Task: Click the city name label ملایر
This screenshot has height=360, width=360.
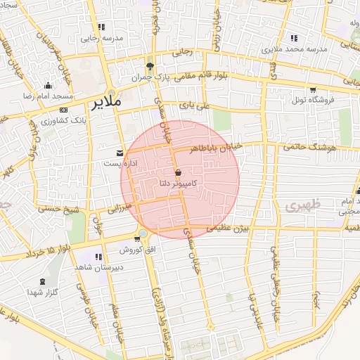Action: pos(107,103)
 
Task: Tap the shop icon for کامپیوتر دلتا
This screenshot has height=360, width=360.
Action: pos(177,172)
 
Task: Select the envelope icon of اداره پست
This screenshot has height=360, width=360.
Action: pos(119,153)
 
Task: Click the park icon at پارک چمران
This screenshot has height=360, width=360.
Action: pos(150,65)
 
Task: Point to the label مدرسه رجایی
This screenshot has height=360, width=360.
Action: pos(98,39)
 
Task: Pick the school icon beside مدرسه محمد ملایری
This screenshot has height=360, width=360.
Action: pos(292,39)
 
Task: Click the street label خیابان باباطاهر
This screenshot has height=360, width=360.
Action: pos(218,147)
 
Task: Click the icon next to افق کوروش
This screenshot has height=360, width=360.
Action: pos(143,233)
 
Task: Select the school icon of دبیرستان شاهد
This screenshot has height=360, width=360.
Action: pos(98,257)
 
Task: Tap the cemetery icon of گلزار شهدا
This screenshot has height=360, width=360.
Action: pos(44,281)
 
